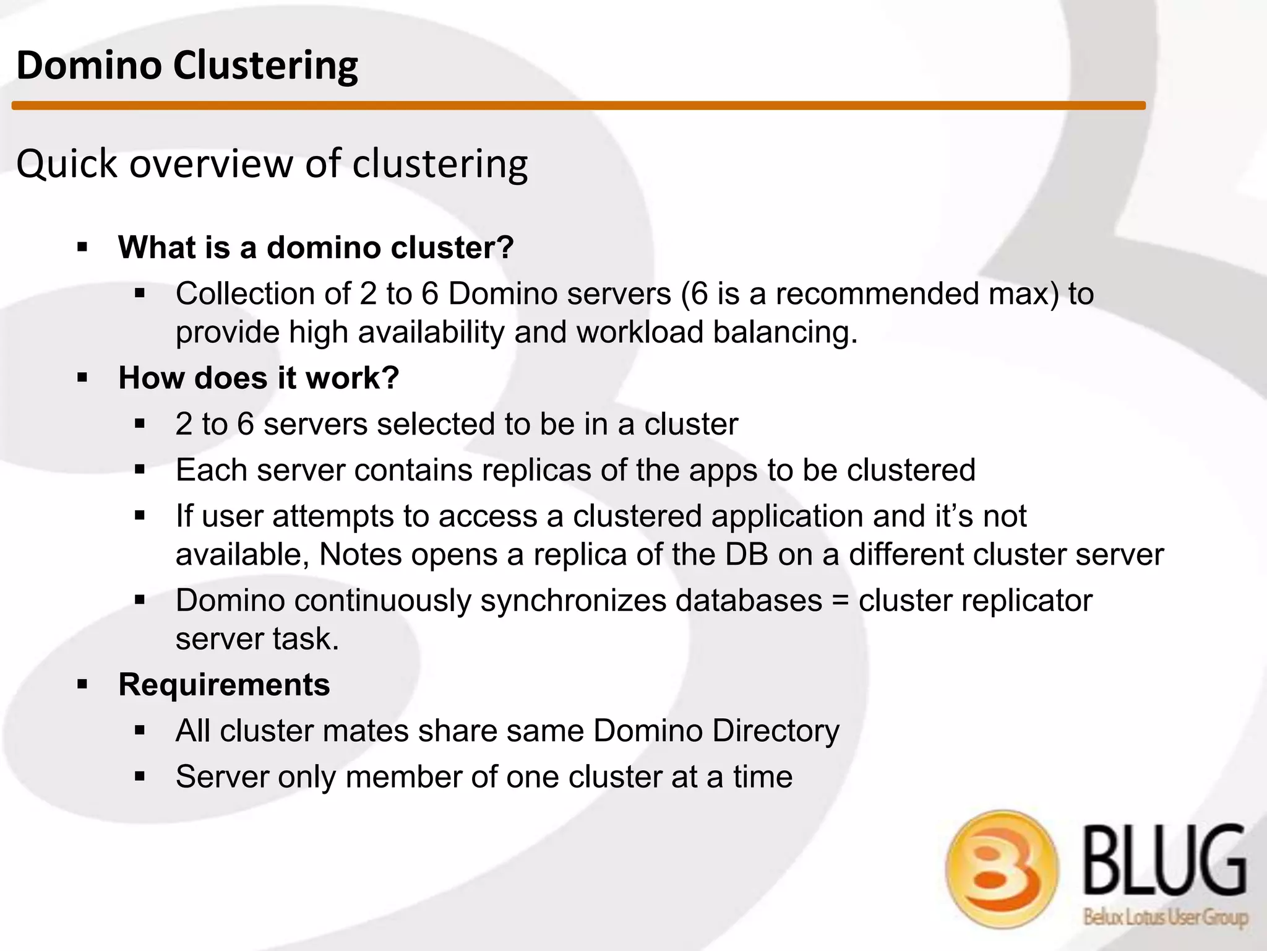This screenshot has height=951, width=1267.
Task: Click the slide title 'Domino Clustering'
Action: click(x=187, y=66)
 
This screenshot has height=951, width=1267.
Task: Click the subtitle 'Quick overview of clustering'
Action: click(x=272, y=164)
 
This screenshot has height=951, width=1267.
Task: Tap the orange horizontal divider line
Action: click(x=578, y=106)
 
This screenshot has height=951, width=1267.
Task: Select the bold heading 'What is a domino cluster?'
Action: click(x=316, y=248)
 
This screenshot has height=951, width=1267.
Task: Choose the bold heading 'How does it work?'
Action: click(x=259, y=378)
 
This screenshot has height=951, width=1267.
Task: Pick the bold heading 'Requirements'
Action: click(x=224, y=685)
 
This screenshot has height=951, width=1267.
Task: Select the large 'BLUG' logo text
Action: click(x=1165, y=861)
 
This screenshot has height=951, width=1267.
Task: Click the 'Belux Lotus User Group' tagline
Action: click(x=1165, y=917)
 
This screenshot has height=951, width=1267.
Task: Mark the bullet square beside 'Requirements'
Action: click(x=83, y=684)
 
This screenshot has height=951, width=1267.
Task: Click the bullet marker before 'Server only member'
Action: click(x=140, y=776)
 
